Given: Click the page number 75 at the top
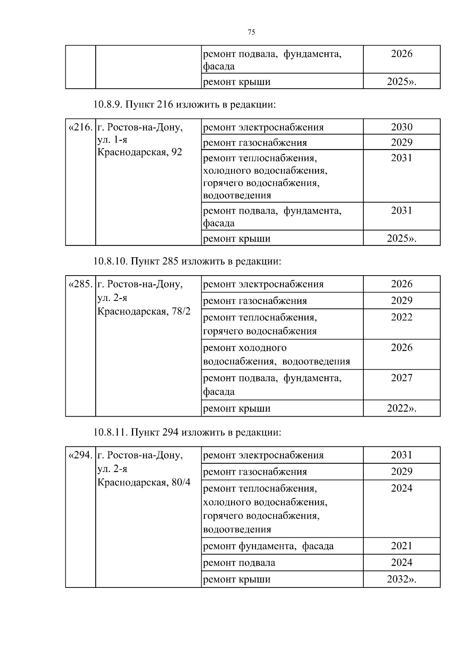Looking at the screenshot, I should pos(251,32).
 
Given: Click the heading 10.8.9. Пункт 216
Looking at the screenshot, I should pos(184,104).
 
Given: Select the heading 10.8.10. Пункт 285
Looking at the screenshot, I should pos(187,261).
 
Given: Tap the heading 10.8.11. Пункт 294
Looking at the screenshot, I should pos(187,432).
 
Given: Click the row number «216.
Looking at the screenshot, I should pos(80,128).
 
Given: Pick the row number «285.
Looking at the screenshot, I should pos(80,284).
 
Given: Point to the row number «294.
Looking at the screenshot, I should pos(80,455).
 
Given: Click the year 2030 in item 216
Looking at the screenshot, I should pos(402,127).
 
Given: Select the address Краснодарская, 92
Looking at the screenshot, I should pos(140,152).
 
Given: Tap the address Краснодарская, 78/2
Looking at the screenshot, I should pos(144,311).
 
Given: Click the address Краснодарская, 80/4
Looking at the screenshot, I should pos(144,482).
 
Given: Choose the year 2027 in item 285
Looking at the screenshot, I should pos(402,378).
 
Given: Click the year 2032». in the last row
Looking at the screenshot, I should pos(402,579).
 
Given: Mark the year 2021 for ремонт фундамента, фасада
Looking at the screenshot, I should pos(402,545).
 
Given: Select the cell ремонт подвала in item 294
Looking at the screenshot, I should pos(239,563).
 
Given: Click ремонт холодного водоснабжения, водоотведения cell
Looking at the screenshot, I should pos(276,354).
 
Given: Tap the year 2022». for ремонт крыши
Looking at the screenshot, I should pos(402,408).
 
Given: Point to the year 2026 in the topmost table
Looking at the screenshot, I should pos(402,54).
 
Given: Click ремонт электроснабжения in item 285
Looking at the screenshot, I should pos(263,284).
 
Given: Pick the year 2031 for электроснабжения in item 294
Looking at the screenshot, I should pos(402,455).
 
